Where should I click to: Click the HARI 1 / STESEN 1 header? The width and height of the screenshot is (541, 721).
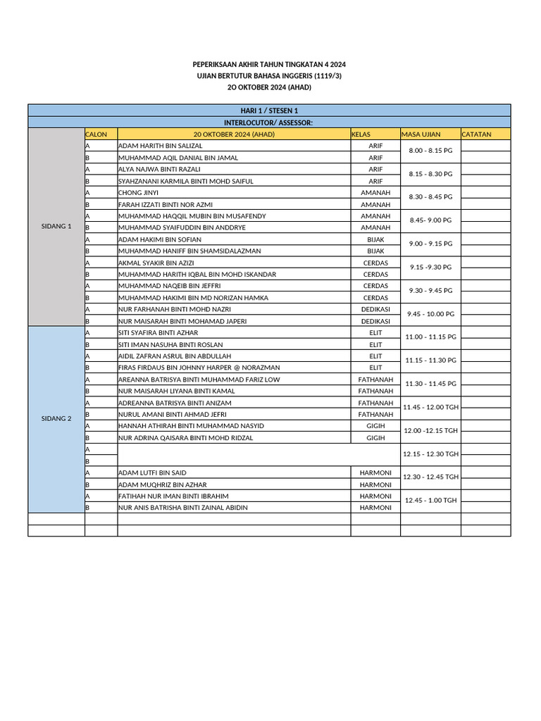coord(269,111)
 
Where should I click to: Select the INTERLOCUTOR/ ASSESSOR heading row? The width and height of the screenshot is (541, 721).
coord(269,123)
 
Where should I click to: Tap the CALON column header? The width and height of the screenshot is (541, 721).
coord(97,134)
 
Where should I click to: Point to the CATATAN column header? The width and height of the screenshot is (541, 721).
coord(477,134)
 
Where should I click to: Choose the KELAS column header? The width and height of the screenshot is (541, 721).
coord(361,134)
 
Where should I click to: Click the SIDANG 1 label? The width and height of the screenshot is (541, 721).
coord(56,226)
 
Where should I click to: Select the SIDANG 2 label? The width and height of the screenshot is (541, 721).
coord(56,418)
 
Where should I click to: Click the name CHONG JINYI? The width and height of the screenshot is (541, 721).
coord(139,192)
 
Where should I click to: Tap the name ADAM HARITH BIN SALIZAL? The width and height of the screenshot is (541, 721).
coord(161,146)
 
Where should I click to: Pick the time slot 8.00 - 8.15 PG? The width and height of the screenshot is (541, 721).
coord(430,151)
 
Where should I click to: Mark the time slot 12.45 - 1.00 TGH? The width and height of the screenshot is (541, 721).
coord(430,501)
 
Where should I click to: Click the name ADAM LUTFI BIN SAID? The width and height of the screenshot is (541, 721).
coord(153,472)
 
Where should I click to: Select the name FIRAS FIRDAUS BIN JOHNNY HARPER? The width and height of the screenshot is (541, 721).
coord(199,368)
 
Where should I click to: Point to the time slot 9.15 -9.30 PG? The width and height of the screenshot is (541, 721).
coord(430,268)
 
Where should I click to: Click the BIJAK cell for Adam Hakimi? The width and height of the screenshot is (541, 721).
coord(375,239)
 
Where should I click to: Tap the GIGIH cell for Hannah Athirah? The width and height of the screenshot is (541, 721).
coord(375,426)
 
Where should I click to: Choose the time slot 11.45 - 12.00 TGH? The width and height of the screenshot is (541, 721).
coord(430,407)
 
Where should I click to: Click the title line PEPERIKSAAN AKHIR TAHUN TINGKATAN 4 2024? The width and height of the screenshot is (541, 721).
coord(269,65)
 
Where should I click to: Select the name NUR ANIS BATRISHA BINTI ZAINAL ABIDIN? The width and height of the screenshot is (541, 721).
coord(183,508)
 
